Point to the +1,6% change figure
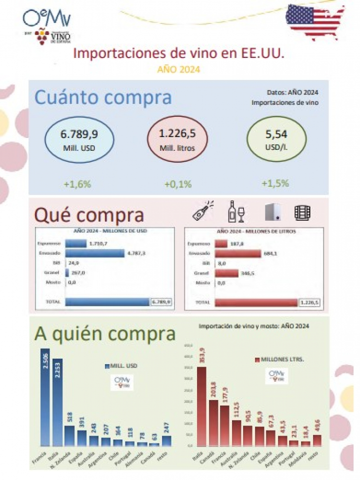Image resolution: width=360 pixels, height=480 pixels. [x=77, y=184]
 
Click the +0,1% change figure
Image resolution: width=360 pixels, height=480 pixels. [x=178, y=184]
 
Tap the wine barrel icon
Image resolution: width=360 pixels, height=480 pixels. [x=302, y=212]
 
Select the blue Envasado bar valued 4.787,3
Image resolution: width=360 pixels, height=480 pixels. [x=94, y=254]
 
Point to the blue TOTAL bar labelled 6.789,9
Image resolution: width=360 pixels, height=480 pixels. [x=107, y=302]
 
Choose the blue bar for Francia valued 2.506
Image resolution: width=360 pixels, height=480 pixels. [x=45, y=397]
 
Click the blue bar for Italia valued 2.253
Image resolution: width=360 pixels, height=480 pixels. [x=57, y=402]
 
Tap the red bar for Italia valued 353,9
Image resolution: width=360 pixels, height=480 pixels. [x=201, y=407]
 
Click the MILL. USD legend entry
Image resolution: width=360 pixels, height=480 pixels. [x=120, y=366]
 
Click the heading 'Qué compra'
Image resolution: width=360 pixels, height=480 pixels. [x=89, y=215]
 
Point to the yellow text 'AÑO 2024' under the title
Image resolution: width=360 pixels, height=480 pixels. [x=178, y=70]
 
